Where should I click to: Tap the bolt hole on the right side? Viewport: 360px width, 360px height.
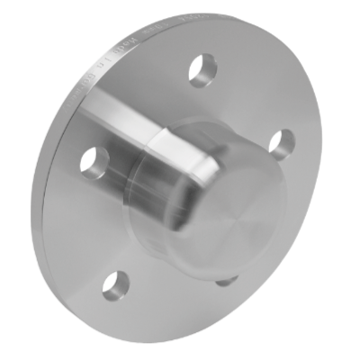click(x=281, y=142)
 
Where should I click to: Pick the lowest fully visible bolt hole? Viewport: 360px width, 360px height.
click(x=114, y=286)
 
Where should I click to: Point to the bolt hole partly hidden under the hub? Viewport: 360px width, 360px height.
click(x=225, y=281)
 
